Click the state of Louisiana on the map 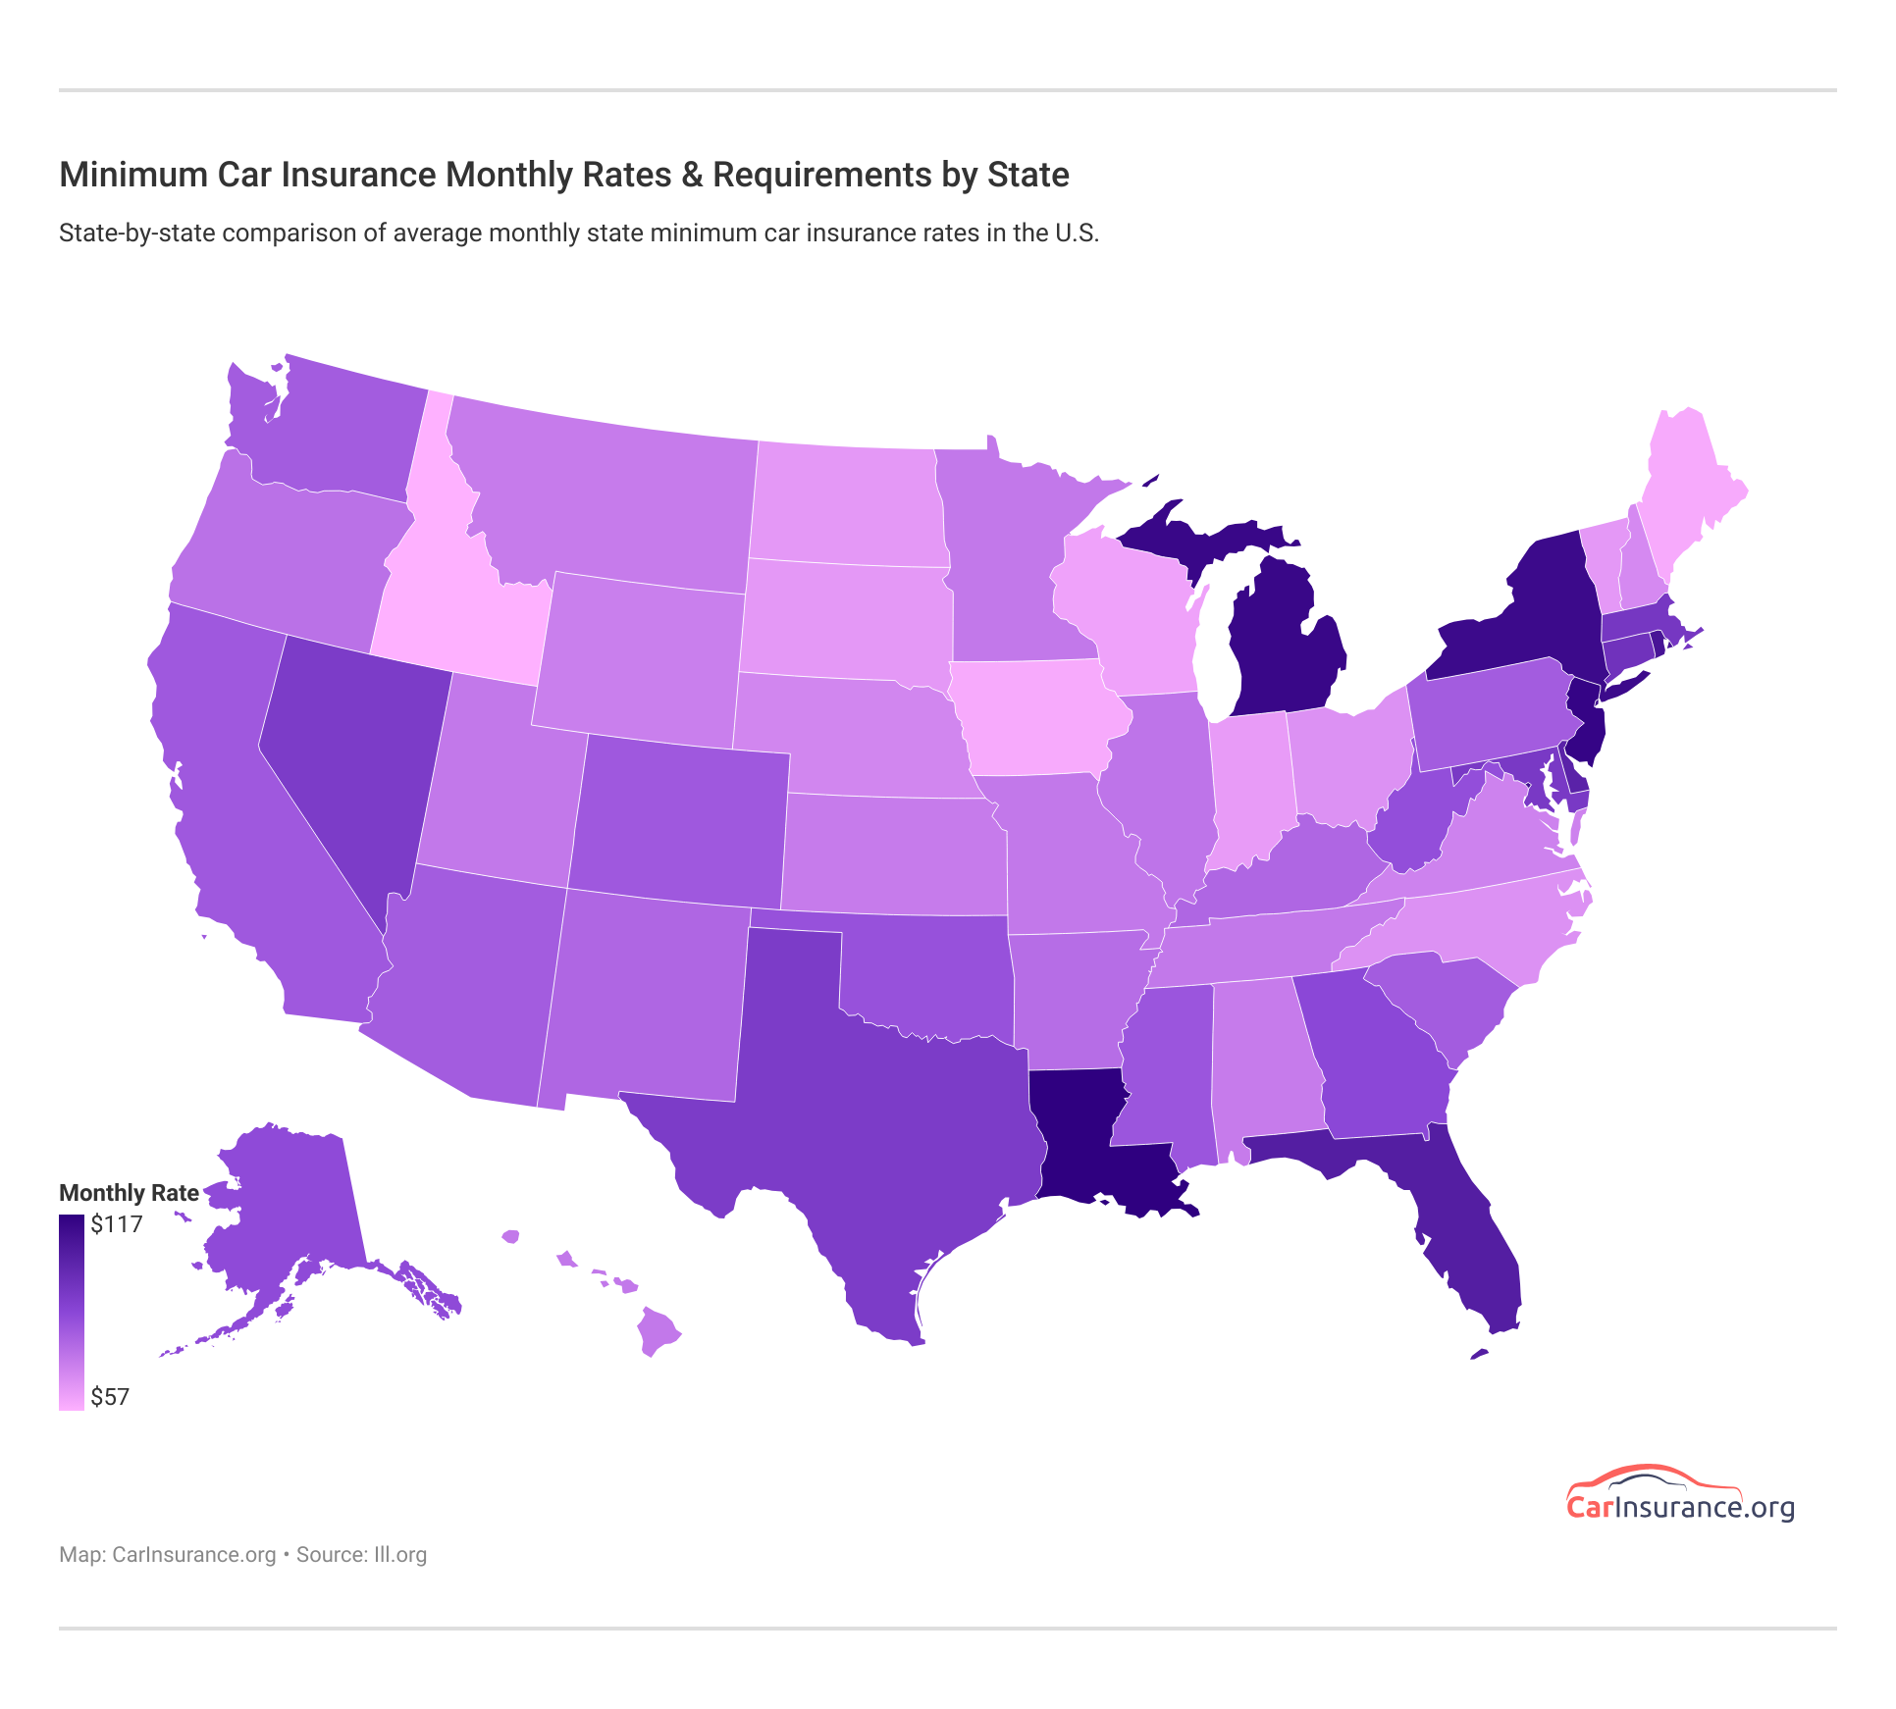pos(1080,1138)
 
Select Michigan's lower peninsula pos(1286,647)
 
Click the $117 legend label pos(117,1224)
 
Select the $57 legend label pos(110,1397)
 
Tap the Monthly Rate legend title pos(129,1193)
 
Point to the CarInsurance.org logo pos(1680,1495)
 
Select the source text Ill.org pos(399,1555)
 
